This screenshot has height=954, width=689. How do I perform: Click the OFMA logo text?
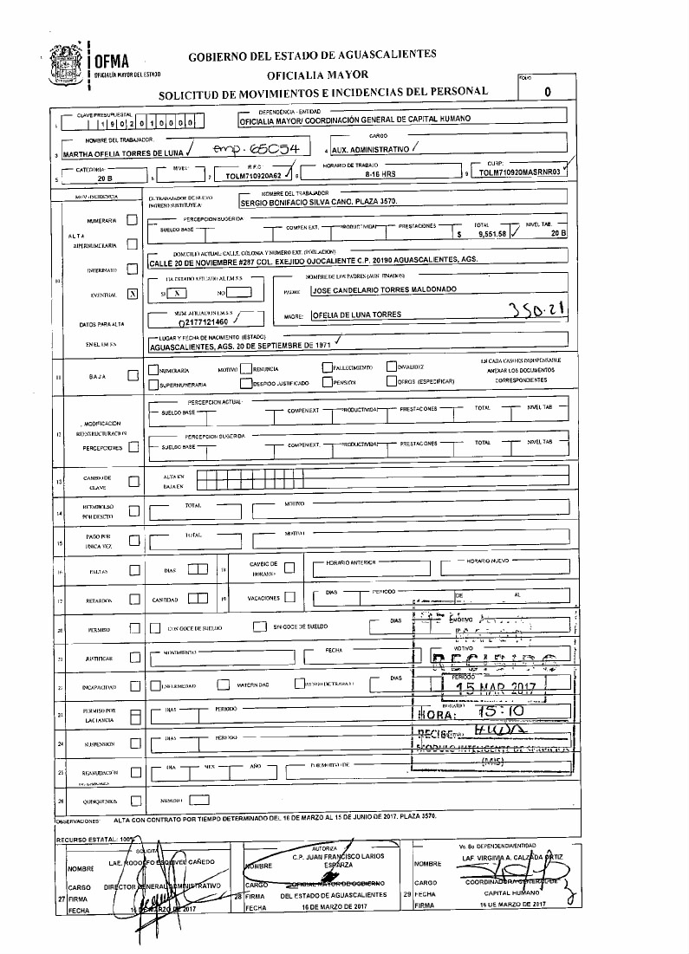pyautogui.click(x=112, y=61)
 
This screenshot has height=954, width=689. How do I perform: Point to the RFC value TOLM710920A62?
pyautogui.click(x=249, y=175)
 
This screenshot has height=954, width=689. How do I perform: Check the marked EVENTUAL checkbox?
pyautogui.click(x=133, y=294)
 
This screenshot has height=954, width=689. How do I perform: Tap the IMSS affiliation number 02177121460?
pyautogui.click(x=198, y=321)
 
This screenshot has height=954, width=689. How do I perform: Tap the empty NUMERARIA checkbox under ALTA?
pyautogui.click(x=133, y=221)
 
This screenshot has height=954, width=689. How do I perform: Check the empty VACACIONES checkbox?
pyautogui.click(x=289, y=599)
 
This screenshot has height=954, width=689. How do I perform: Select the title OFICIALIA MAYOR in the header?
pyautogui.click(x=311, y=75)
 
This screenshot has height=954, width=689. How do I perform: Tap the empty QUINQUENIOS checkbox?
pyautogui.click(x=134, y=801)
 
